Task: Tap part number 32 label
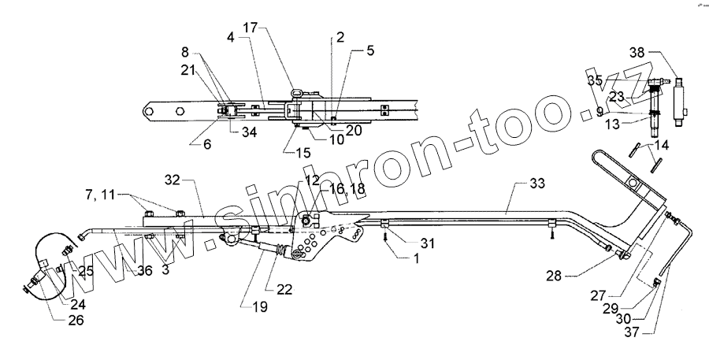[172, 179]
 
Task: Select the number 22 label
[284, 289]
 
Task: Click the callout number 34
[250, 131]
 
